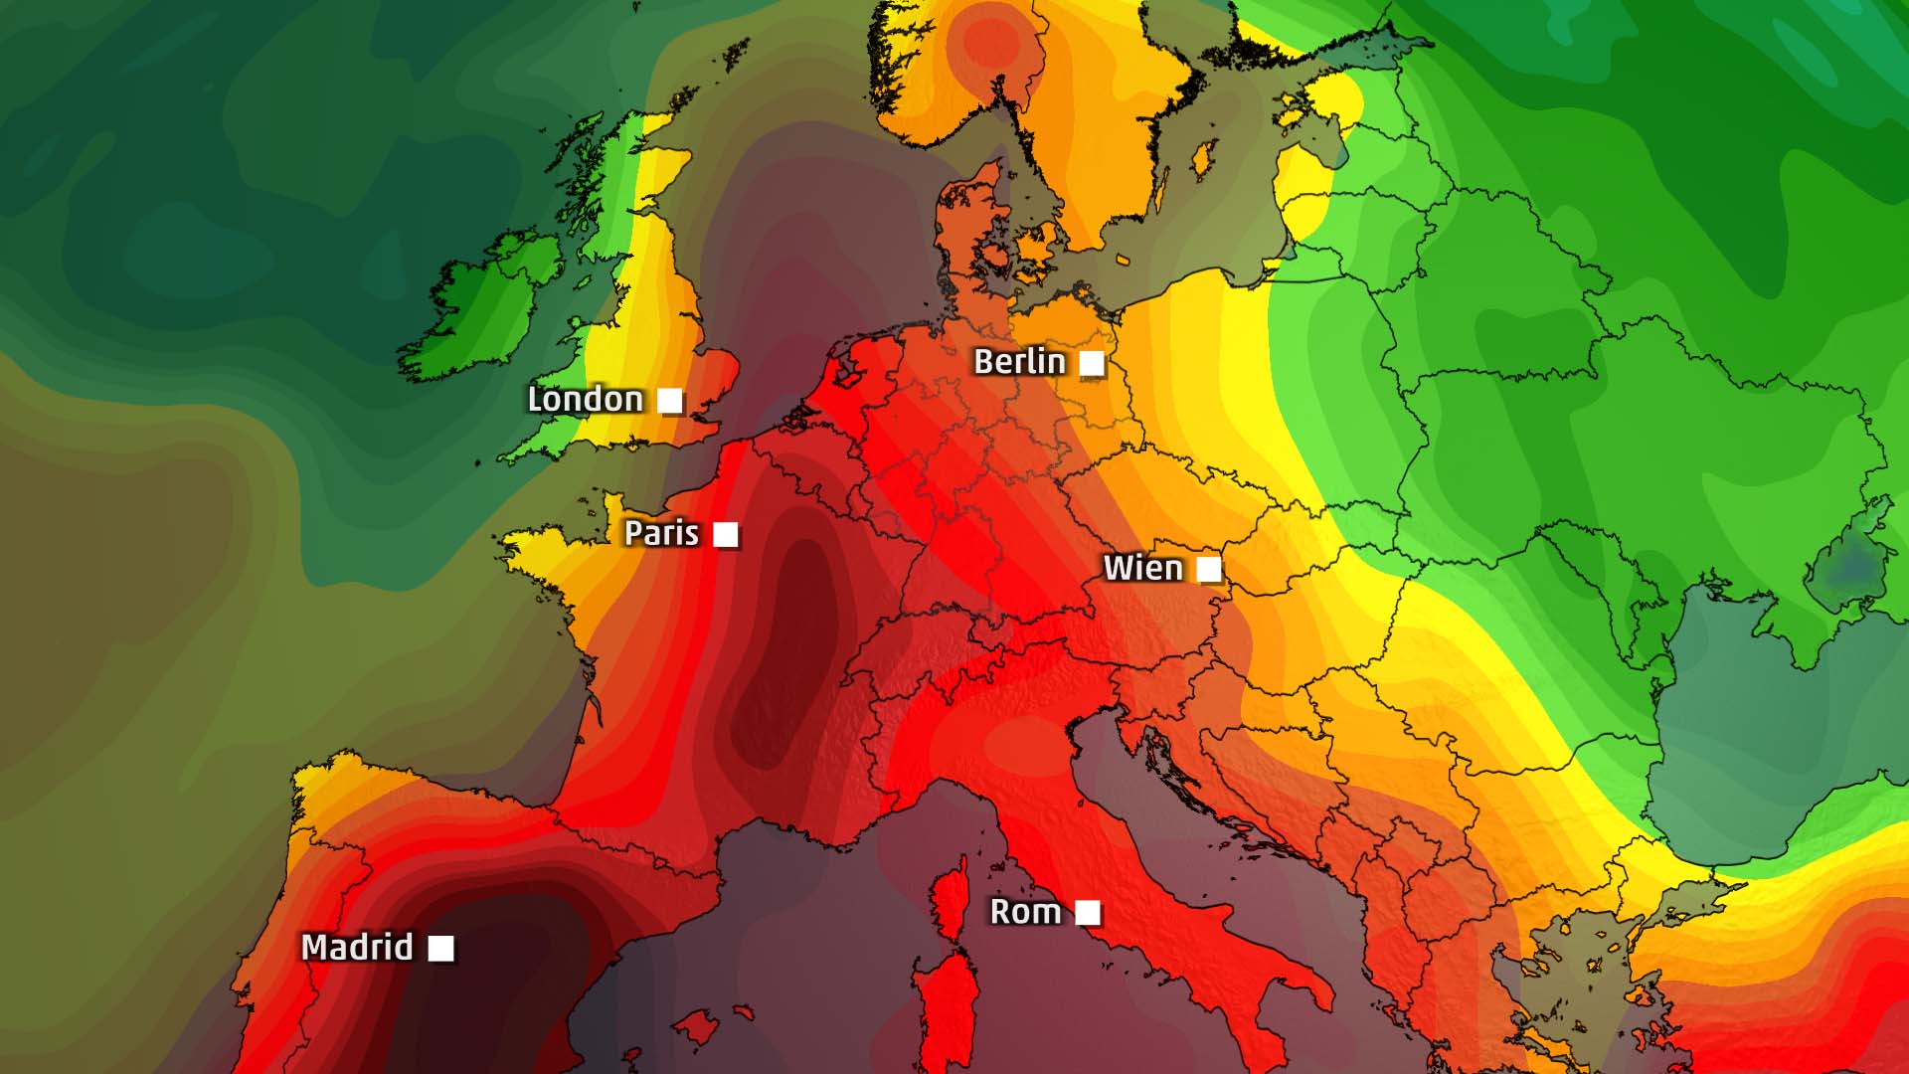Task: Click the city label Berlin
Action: pyautogui.click(x=1019, y=362)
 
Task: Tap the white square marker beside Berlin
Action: pyautogui.click(x=1092, y=364)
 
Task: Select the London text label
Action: pyautogui.click(x=585, y=400)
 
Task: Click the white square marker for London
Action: pyautogui.click(x=671, y=401)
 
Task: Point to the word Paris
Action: pyautogui.click(x=661, y=533)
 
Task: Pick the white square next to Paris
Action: pyautogui.click(x=727, y=535)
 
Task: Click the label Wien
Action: pyautogui.click(x=1143, y=569)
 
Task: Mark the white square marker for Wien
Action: pyautogui.click(x=1209, y=569)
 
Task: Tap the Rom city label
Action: pyautogui.click(x=1025, y=912)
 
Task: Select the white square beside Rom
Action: pyautogui.click(x=1089, y=912)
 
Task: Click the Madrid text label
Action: pyautogui.click(x=357, y=948)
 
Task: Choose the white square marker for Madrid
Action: pyautogui.click(x=441, y=949)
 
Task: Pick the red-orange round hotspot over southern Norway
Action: pyautogui.click(x=992, y=42)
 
